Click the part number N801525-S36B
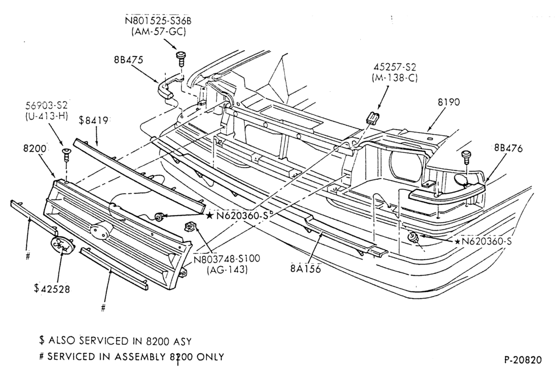(158, 20)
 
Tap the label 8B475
(128, 60)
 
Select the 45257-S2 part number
(395, 67)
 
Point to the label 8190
(449, 102)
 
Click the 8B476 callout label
(508, 148)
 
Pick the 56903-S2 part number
(46, 105)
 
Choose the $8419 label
(93, 121)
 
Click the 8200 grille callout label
(34, 148)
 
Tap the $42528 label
(52, 288)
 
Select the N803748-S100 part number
(227, 258)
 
